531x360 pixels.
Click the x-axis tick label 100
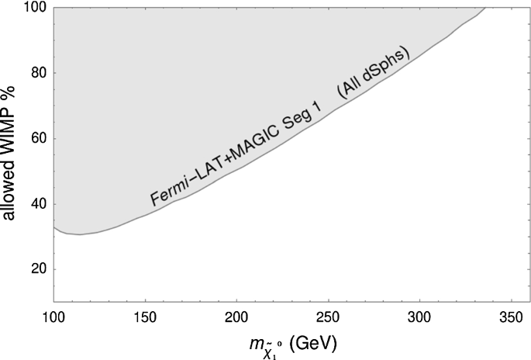(x=53, y=317)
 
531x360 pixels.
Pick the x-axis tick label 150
(x=145, y=317)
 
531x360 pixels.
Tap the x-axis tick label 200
(x=236, y=317)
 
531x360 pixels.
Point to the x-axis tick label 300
(x=419, y=317)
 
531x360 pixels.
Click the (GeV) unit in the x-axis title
(x=312, y=342)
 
